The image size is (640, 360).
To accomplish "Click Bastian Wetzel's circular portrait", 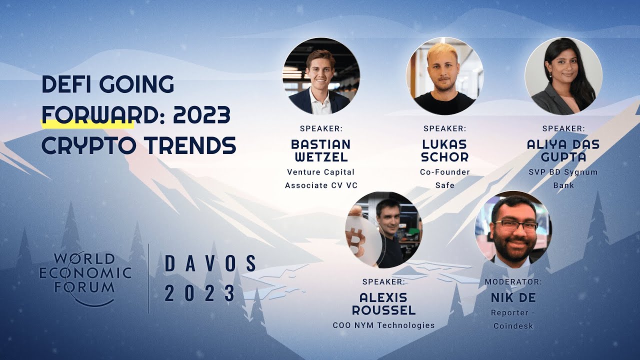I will click(321, 75).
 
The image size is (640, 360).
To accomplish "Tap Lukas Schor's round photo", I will click(444, 75).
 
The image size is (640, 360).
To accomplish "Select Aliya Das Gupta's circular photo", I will click(563, 75).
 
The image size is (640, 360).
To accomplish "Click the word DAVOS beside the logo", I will click(210, 263).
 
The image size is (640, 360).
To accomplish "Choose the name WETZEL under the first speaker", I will click(320, 157).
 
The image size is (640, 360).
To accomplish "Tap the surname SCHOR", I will click(444, 157).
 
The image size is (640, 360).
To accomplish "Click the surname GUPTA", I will click(563, 157).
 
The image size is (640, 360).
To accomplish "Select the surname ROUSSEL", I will click(383, 310).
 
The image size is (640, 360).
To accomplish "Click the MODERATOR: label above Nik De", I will click(513, 281).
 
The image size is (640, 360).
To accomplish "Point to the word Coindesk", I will click(513, 326).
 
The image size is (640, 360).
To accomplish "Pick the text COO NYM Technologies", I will click(383, 325).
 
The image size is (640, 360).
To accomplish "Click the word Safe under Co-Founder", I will click(444, 185).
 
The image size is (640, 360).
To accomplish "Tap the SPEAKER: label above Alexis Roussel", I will click(383, 281).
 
